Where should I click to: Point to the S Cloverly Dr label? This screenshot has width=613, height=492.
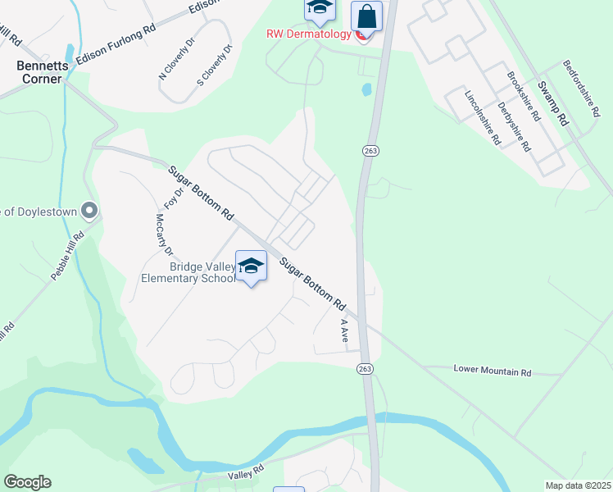pos(216,66)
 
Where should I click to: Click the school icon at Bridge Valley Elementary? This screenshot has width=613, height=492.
pos(252,266)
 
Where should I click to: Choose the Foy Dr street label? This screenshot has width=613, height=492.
pos(171,193)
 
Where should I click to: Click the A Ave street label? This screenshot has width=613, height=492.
pos(346,330)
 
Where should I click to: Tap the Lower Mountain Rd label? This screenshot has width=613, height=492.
pos(492,371)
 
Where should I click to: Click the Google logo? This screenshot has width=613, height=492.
pos(27,482)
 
